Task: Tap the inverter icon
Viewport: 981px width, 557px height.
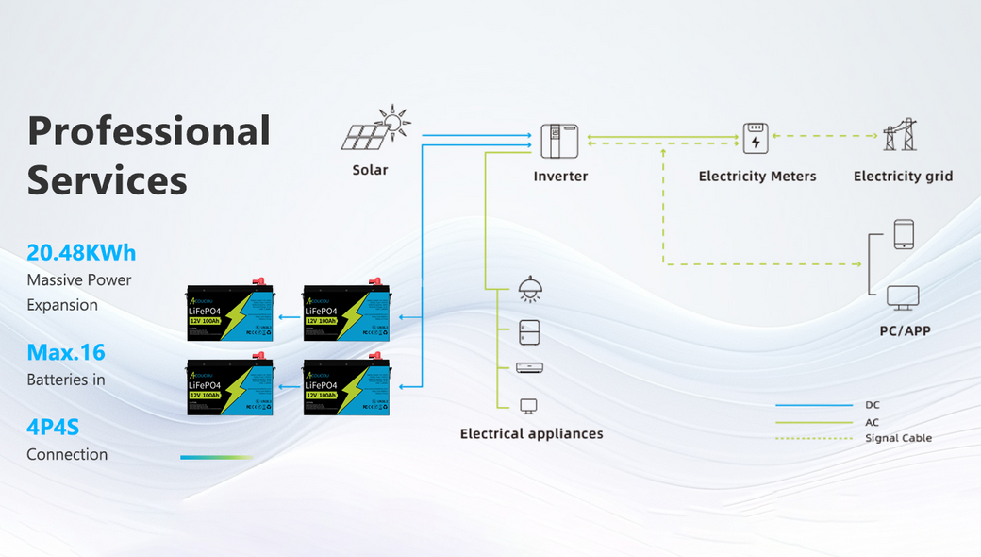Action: coord(559,140)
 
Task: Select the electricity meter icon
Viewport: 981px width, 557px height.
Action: coord(756,138)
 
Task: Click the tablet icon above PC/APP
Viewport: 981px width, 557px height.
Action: coord(904,234)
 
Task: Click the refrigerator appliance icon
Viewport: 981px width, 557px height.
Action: coord(530,332)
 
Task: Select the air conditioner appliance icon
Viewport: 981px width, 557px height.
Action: coord(529,368)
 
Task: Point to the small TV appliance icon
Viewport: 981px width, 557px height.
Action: coord(529,406)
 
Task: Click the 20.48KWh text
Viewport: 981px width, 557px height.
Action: coord(81,253)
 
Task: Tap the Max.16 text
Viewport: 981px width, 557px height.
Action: coord(66,353)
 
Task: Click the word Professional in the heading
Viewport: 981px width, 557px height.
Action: coord(149,131)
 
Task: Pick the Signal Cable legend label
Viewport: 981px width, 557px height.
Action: coord(898,438)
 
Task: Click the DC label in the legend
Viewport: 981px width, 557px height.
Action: coord(872,405)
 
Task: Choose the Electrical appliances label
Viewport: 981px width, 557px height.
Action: coord(531,434)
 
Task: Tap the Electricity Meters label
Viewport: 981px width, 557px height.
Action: coord(757,177)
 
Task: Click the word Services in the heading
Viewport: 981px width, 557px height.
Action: coord(107,180)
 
